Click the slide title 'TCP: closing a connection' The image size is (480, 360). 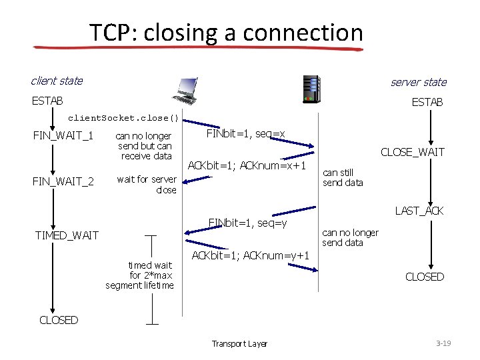click(226, 32)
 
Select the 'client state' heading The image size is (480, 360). click(57, 81)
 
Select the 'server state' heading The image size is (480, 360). click(418, 82)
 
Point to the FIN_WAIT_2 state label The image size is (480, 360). click(63, 180)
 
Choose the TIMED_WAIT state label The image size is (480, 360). click(67, 235)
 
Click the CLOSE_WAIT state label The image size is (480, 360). click(412, 153)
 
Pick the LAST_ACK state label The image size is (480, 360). click(419, 211)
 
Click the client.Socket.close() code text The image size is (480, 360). click(124, 119)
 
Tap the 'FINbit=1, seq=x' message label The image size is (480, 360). click(246, 134)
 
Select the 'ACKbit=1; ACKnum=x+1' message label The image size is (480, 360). click(247, 165)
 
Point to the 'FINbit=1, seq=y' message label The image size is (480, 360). click(247, 222)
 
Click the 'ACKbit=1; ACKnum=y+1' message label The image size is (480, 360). click(250, 255)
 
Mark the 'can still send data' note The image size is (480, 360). click(343, 177)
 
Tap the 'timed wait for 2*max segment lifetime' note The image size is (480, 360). click(139, 275)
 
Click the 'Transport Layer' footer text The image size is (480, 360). click(239, 344)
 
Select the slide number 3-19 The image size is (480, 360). click(443, 343)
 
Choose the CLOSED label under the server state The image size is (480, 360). click(424, 277)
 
